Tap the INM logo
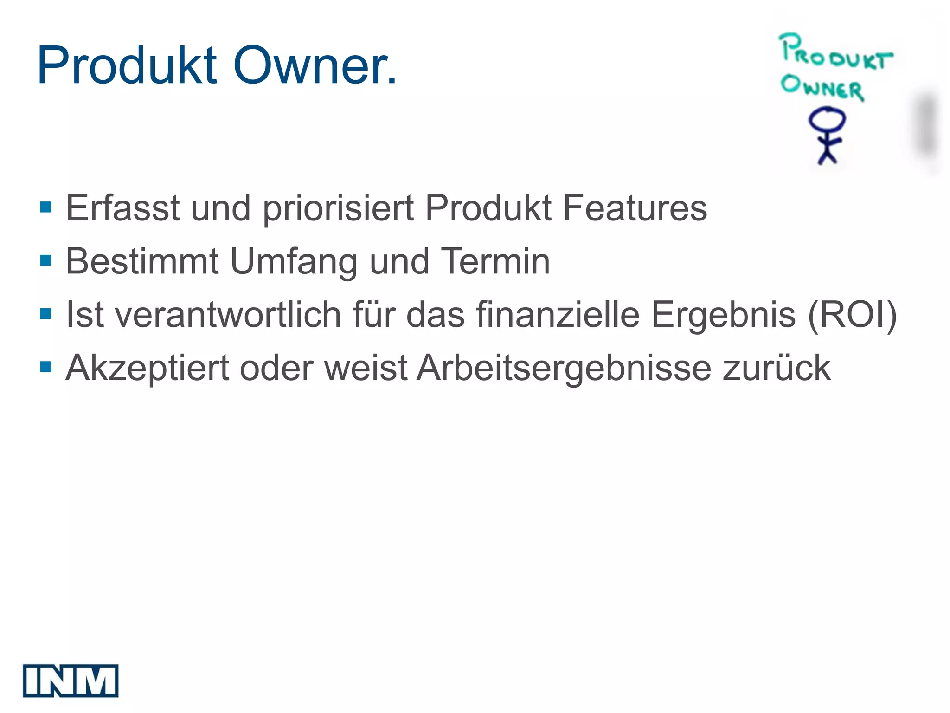(71, 681)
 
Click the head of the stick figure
(827, 120)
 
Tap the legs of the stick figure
(827, 155)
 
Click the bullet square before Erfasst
(46, 207)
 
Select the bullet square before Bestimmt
(46, 260)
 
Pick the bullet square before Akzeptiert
(46, 367)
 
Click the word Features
(635, 208)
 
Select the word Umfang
(294, 262)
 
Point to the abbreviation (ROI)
(852, 315)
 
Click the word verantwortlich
(228, 315)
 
